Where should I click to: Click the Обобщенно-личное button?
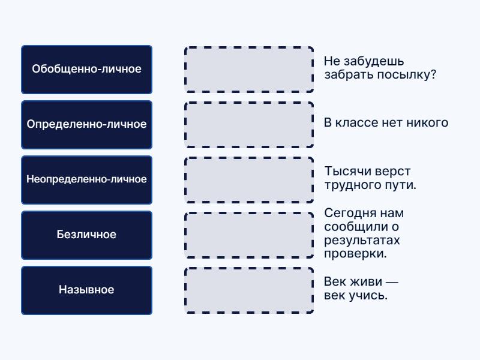(86, 69)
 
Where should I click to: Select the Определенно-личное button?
(86, 124)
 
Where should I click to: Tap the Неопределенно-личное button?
(86, 179)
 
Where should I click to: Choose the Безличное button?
(86, 235)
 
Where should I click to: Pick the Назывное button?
(86, 290)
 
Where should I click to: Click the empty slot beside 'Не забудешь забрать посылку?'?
(249, 70)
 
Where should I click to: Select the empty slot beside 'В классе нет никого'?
(249, 125)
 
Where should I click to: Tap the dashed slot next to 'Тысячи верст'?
(249, 180)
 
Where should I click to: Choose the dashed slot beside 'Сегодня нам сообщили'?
(249, 235)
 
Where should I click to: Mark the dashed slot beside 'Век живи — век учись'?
(249, 290)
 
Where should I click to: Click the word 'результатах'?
(362, 241)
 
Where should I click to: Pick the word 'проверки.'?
(355, 254)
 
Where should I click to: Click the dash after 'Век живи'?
(392, 282)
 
